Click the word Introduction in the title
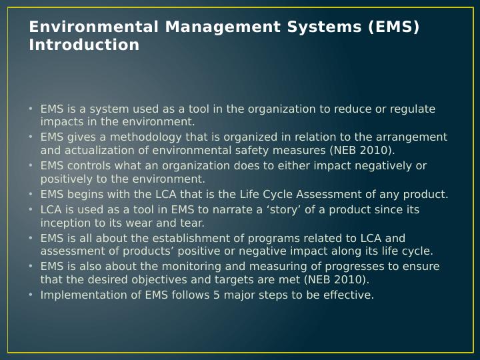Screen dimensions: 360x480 84,45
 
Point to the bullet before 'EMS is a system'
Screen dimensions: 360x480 31,109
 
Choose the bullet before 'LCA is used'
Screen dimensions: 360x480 31,209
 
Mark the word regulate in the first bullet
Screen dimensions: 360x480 413,109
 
